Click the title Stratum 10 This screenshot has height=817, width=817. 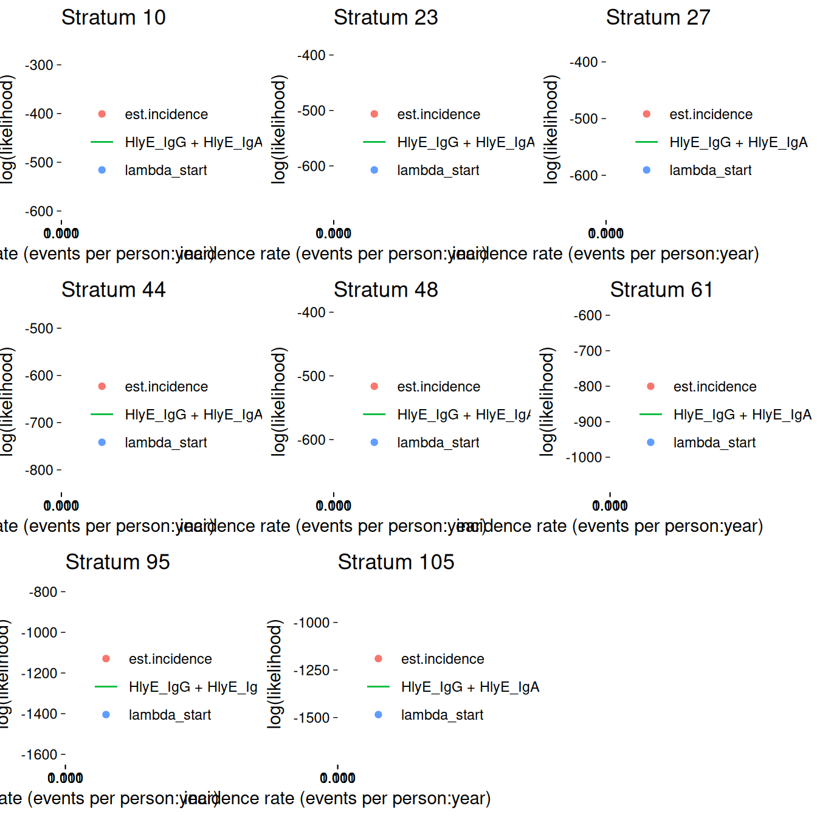(x=113, y=18)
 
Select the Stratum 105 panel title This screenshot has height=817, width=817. (x=396, y=562)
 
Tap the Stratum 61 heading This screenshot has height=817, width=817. (x=661, y=290)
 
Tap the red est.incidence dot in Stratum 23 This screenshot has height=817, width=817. (x=374, y=114)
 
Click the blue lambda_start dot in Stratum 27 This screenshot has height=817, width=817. (x=647, y=170)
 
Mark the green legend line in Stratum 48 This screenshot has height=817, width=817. (x=374, y=415)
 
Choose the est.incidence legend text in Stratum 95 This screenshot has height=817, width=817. (x=170, y=659)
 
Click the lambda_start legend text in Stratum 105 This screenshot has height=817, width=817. (x=442, y=715)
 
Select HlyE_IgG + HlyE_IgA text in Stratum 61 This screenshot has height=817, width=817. (x=742, y=415)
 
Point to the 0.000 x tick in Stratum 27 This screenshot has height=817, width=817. (x=606, y=233)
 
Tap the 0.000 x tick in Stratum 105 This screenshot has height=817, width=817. (x=337, y=778)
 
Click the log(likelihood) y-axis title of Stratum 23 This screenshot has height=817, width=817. (x=278, y=129)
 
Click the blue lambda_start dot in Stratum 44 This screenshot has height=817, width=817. (x=102, y=443)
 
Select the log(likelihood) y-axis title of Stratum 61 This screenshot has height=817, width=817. (x=547, y=401)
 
